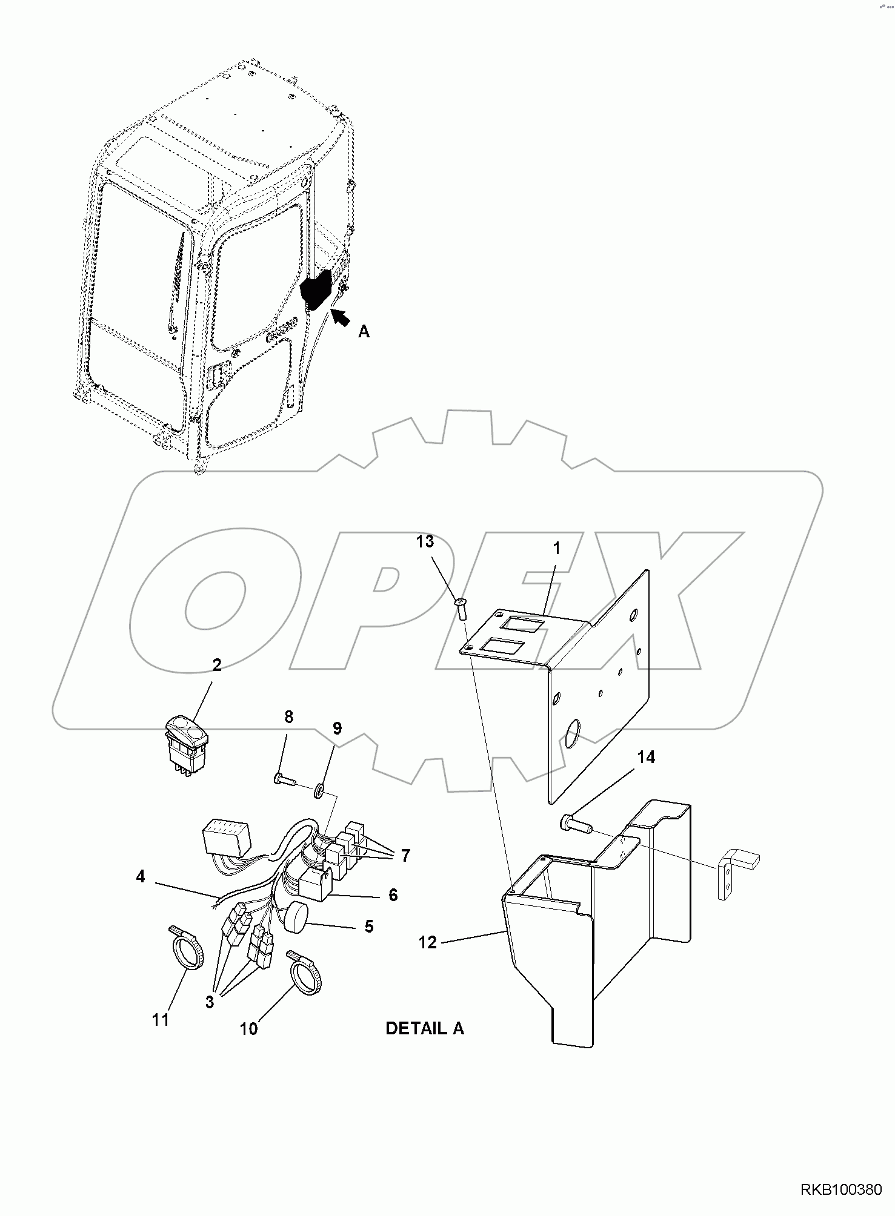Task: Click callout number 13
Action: pos(425,541)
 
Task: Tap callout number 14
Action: pos(646,757)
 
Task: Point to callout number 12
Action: pos(428,942)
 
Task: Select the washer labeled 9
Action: pos(319,790)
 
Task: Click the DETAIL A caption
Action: pos(424,1028)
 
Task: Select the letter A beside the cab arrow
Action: pos(364,331)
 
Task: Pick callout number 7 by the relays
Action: pos(405,855)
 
